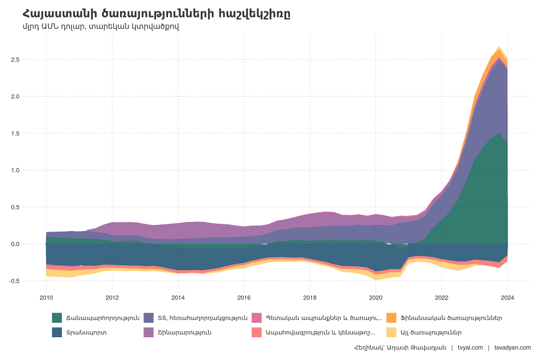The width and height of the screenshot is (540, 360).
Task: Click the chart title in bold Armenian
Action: coord(157,14)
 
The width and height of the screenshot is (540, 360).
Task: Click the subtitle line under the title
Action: coord(101,26)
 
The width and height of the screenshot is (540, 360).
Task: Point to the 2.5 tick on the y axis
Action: coord(15,59)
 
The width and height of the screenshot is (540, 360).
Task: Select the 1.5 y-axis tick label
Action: coord(15,133)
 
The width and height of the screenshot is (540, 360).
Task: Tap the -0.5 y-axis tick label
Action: coord(14,281)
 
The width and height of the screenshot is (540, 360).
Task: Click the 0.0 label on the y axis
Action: coord(15,244)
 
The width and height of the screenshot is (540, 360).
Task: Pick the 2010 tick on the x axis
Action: coord(46,298)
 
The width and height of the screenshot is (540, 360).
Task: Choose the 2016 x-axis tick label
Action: coord(244,298)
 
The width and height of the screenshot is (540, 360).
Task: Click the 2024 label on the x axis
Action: coord(507,298)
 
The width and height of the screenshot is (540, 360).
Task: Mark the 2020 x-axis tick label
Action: coord(376,298)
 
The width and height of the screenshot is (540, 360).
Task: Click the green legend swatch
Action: coord(57,317)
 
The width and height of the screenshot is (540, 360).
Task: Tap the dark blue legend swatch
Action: coord(57,332)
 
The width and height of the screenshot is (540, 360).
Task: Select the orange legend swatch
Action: coord(392,317)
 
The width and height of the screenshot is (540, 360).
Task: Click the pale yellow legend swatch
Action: coord(392,332)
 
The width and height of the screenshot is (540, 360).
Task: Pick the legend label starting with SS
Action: coord(203,318)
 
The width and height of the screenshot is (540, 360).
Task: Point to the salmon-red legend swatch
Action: coord(257,332)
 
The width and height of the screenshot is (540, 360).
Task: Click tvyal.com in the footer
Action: coord(470,347)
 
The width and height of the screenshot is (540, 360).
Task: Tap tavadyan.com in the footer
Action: coord(512,347)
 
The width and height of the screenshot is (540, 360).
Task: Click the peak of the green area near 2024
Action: coord(499,133)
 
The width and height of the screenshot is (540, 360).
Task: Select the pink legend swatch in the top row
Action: coord(257,317)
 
